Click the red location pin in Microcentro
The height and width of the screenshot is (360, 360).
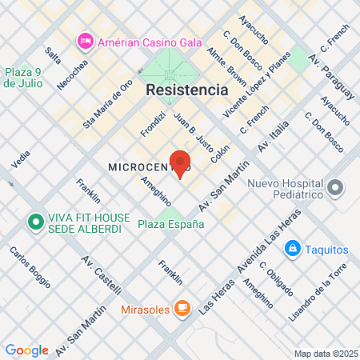(x=179, y=162)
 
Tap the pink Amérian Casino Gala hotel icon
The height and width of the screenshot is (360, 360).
(x=84, y=40)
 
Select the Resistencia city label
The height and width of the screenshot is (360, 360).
(x=186, y=90)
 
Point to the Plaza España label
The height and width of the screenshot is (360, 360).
(x=170, y=224)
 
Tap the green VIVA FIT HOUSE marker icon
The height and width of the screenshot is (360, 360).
(x=35, y=222)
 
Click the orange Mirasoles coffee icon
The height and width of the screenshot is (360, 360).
(x=182, y=307)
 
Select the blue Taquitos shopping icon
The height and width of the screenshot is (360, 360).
(x=294, y=250)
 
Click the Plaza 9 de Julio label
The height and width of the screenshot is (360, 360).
(x=27, y=77)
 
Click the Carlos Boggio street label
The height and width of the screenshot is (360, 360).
(x=30, y=266)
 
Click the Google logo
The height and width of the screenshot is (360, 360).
(x=26, y=350)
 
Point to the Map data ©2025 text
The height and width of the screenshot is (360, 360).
(x=324, y=354)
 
